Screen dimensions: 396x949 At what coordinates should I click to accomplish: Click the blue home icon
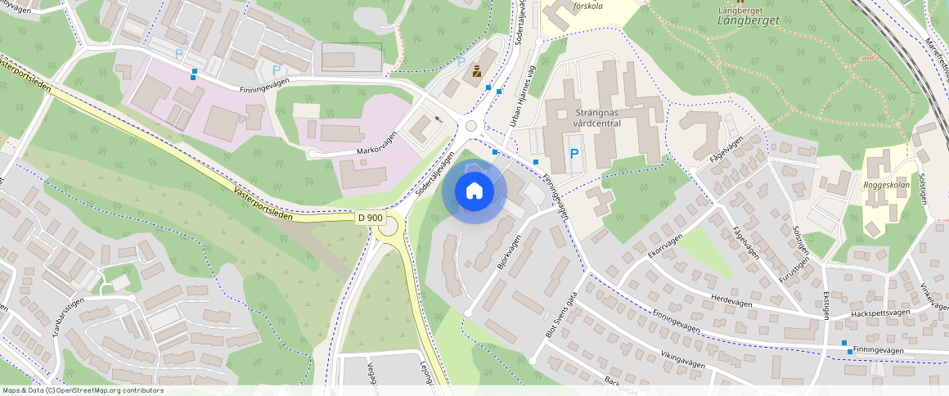pyautogui.click(x=474, y=191)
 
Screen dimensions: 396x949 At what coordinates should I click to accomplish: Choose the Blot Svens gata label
pyautogui.click(x=561, y=316)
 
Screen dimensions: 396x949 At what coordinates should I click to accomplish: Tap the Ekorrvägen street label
pyautogui.click(x=664, y=247)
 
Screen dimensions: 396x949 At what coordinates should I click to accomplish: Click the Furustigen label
pyautogui.click(x=787, y=267)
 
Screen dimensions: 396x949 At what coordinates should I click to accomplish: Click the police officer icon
pyautogui.click(x=476, y=73)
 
